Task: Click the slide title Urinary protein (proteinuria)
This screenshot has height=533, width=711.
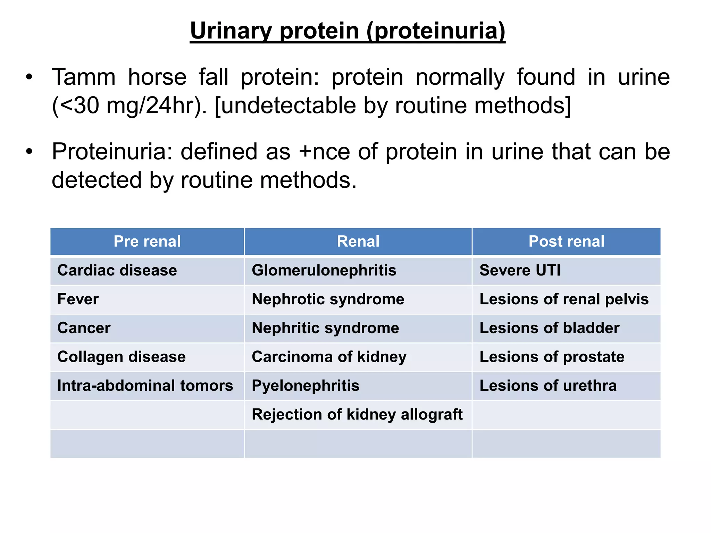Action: tap(348, 31)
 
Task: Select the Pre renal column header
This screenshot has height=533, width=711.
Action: tap(147, 242)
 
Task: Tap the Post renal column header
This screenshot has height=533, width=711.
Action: tap(566, 242)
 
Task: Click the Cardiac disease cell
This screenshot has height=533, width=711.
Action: tap(117, 270)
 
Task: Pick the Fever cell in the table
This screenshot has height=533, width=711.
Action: tap(78, 299)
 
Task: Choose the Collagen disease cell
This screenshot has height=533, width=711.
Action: tap(122, 357)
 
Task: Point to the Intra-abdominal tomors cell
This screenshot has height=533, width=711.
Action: tap(145, 386)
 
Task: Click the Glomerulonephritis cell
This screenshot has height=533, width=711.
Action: tap(324, 270)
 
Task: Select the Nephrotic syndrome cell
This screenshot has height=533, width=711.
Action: tap(328, 299)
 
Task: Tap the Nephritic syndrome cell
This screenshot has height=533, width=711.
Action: tap(325, 328)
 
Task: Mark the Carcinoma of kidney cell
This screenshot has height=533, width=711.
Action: tap(329, 357)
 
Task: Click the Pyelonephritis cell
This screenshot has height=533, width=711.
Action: tap(306, 386)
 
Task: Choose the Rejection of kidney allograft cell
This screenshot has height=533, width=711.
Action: tap(357, 414)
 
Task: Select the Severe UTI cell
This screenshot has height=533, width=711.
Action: tap(520, 270)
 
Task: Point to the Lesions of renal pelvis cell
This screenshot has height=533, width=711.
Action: tap(564, 299)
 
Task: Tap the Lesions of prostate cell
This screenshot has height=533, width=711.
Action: tap(552, 357)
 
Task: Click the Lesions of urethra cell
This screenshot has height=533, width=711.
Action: tap(548, 386)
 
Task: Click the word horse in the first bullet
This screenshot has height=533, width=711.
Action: tap(157, 77)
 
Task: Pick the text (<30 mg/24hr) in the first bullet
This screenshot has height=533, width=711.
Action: tap(129, 105)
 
